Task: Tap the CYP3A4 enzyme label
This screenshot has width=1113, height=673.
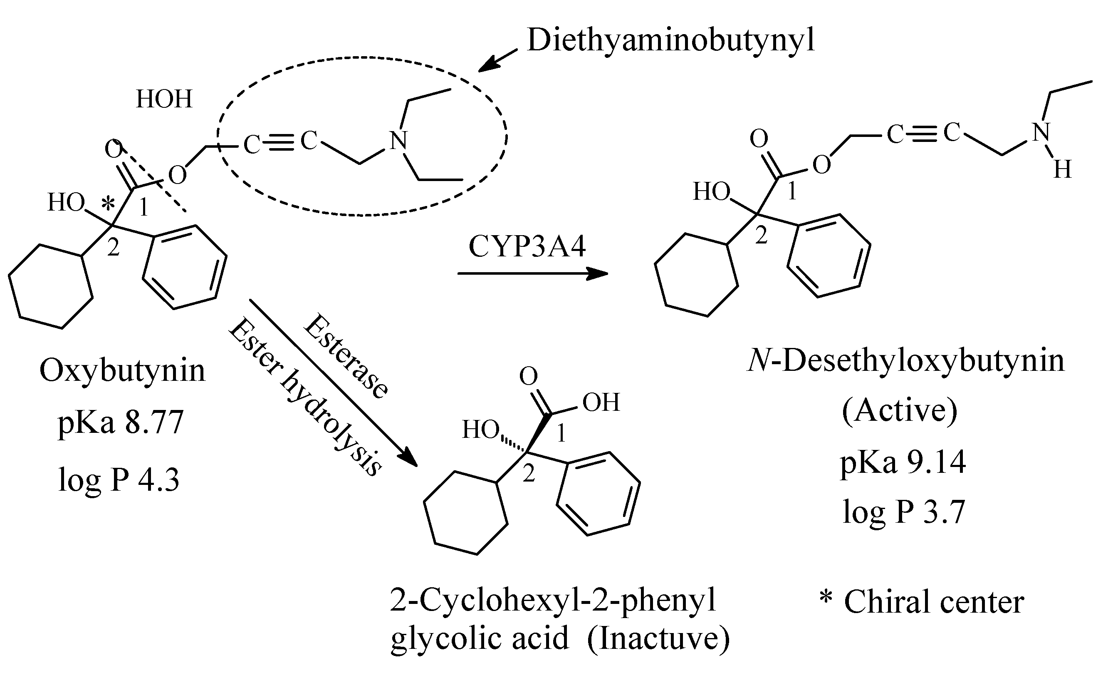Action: point(527,247)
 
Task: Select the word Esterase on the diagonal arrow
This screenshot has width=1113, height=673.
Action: point(346,357)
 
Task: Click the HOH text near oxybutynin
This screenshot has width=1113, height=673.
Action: point(164,99)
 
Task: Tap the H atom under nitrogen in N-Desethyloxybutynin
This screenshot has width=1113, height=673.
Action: point(1062,170)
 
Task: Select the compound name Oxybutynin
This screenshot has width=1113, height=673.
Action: point(122,370)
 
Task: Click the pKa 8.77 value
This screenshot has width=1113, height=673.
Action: point(120,422)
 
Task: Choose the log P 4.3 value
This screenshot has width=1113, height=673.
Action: point(119,480)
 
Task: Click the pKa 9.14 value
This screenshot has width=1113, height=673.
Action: point(903,462)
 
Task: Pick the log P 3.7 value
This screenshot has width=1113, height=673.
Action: point(903,512)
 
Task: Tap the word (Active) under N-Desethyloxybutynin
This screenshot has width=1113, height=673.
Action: point(899,410)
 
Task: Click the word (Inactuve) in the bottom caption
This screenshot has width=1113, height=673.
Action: point(658,638)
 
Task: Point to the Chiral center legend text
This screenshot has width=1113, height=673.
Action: point(933,603)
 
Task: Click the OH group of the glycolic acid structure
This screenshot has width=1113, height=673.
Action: point(601,402)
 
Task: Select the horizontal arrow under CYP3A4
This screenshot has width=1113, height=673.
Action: point(532,273)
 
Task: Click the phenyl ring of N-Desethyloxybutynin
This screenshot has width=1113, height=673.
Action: point(829,256)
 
